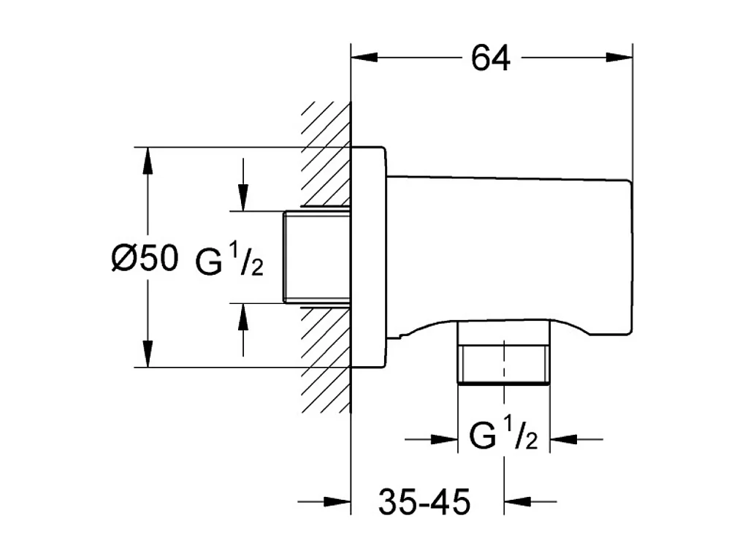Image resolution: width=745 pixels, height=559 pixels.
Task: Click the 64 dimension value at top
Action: (x=490, y=58)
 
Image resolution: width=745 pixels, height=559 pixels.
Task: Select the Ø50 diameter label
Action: (x=145, y=259)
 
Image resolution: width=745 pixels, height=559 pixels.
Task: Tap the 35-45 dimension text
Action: (x=424, y=502)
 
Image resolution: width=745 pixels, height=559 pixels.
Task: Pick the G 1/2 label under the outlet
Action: (x=503, y=438)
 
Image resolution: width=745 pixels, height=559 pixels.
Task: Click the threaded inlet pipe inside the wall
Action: (x=316, y=256)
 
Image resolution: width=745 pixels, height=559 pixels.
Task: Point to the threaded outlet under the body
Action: (x=503, y=364)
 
